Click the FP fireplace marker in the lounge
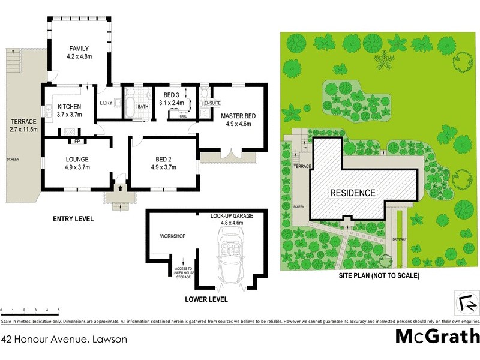coord(77,142)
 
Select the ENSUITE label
coord(213,103)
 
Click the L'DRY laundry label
coord(106,103)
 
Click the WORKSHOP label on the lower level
coord(172,236)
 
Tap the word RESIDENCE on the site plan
coord(353,193)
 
